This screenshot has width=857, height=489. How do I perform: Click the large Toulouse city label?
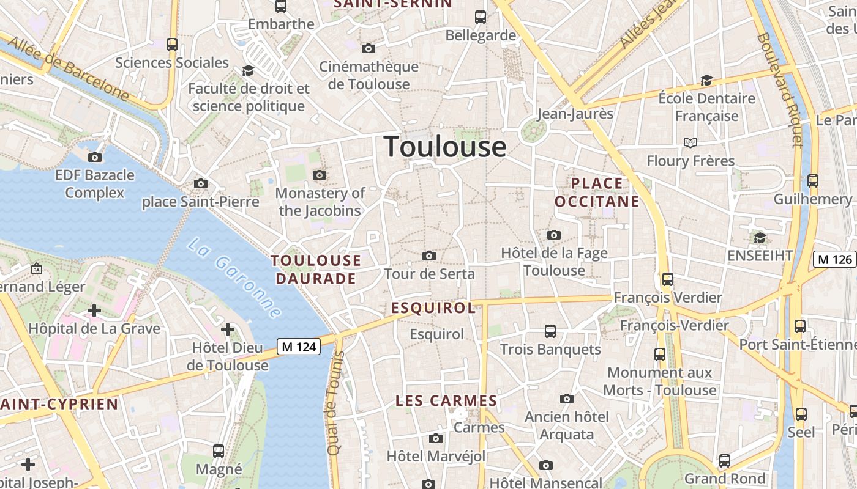(x=445, y=147)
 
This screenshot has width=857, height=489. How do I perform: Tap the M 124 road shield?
(x=299, y=347)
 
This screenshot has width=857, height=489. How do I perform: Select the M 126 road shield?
(x=834, y=259)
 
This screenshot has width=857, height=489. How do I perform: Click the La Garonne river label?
(x=234, y=278)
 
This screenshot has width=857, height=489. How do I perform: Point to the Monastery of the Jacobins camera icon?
(x=319, y=175)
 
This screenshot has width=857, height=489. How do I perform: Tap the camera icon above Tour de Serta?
(x=429, y=256)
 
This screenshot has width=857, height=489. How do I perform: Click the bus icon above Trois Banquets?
(x=550, y=331)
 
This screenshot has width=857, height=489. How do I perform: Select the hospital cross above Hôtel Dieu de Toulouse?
(x=228, y=330)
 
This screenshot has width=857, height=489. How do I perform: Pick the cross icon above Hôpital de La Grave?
(x=94, y=311)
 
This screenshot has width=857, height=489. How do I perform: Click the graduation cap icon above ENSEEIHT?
(x=760, y=237)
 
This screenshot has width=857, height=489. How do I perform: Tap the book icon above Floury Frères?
(x=690, y=142)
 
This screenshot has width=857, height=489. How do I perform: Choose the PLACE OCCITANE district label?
(x=597, y=192)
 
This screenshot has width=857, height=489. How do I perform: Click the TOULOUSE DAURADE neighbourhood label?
(x=316, y=270)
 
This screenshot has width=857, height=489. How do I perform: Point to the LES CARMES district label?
(x=446, y=401)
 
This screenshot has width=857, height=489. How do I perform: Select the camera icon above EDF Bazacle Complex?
(x=95, y=157)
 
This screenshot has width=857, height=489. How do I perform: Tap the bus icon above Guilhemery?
(x=813, y=181)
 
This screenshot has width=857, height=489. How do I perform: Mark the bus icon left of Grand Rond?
(x=725, y=460)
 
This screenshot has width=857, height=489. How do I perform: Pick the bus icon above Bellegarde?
(x=481, y=17)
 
